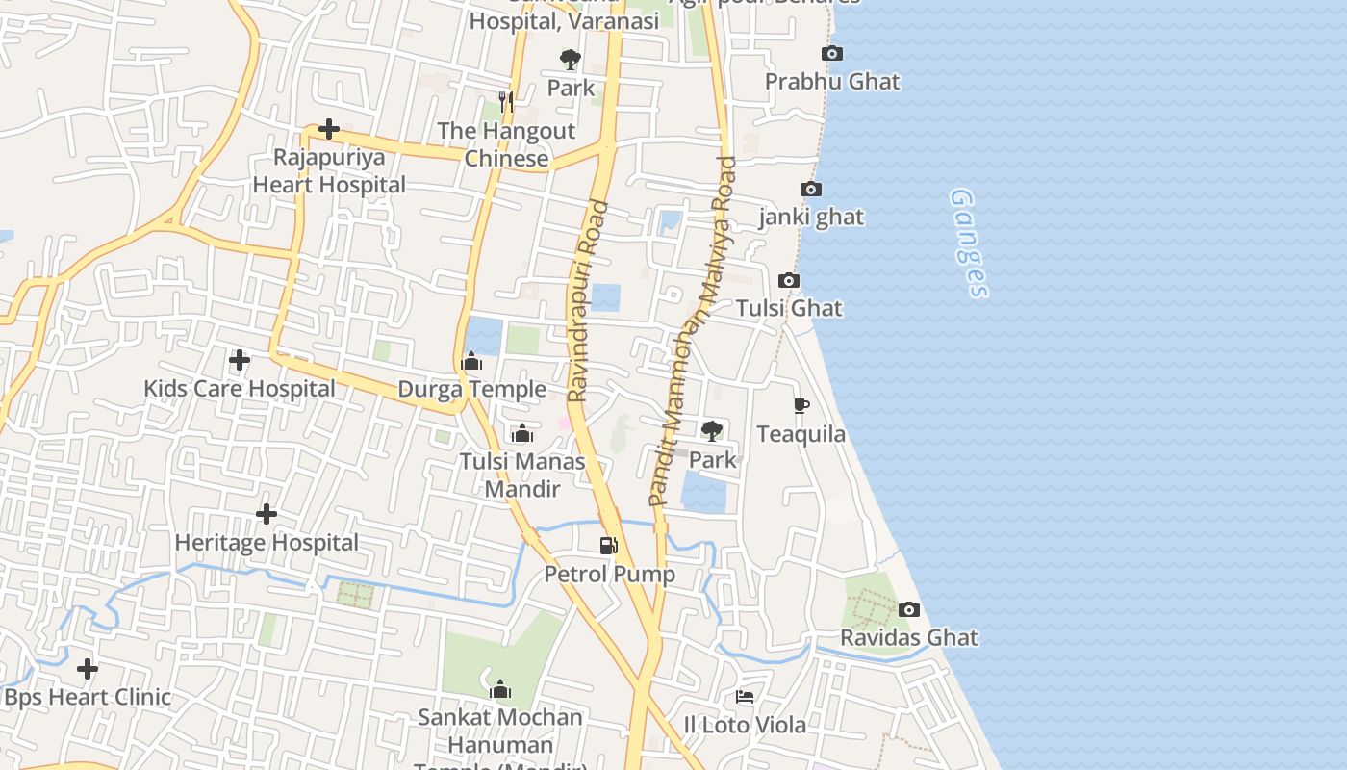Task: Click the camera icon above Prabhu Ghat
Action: click(832, 54)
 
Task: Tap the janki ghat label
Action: click(811, 218)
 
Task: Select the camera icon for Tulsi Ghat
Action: click(789, 281)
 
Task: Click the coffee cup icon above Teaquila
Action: click(801, 406)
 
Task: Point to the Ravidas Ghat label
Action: click(908, 637)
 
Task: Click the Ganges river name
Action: click(969, 243)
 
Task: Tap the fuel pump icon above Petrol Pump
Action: click(608, 546)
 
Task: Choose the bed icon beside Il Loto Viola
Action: click(745, 696)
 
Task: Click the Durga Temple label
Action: click(471, 389)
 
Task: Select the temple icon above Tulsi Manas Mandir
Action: click(522, 434)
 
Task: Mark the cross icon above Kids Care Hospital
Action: click(240, 361)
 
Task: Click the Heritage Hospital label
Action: click(267, 543)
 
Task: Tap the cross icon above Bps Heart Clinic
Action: click(88, 668)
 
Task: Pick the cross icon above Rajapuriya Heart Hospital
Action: click(329, 128)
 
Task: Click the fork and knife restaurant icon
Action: click(506, 102)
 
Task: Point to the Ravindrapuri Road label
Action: click(588, 300)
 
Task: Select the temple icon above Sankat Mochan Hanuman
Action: click(500, 689)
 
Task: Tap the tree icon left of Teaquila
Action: click(712, 430)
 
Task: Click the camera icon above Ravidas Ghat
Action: click(909, 609)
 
